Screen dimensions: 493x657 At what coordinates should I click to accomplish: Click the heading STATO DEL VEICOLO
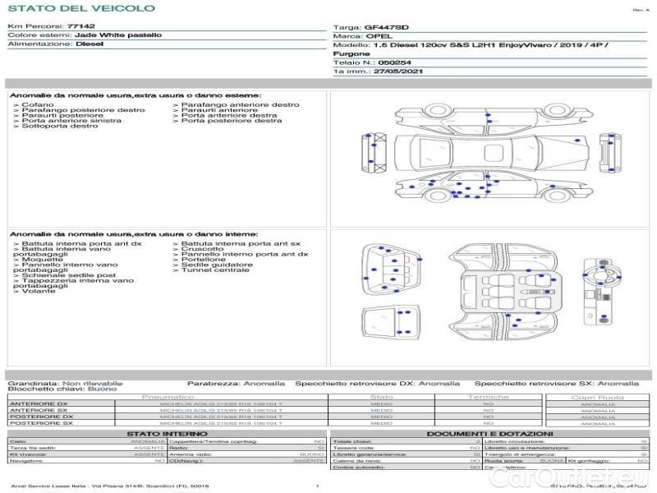pyautogui.click(x=80, y=8)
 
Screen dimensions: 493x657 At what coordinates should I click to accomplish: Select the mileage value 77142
pyautogui.click(x=80, y=26)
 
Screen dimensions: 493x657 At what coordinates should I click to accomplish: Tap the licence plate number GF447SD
pyautogui.click(x=386, y=27)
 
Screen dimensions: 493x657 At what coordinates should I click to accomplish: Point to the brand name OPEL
pyautogui.click(x=379, y=37)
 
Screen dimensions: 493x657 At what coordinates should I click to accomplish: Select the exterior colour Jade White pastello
pyautogui.click(x=117, y=35)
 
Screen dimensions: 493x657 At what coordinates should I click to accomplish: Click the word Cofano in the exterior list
pyautogui.click(x=38, y=105)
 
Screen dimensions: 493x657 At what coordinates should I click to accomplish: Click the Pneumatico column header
pyautogui.click(x=168, y=398)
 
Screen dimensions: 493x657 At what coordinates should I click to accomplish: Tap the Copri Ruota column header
pyautogui.click(x=597, y=398)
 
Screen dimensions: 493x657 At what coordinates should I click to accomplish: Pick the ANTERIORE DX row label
pyautogui.click(x=39, y=404)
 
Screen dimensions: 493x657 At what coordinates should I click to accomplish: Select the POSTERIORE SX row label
pyautogui.click(x=40, y=424)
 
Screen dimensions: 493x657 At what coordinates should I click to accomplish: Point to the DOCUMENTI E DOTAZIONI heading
pyautogui.click(x=489, y=433)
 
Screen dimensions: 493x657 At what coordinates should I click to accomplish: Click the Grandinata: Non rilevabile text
pyautogui.click(x=65, y=384)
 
